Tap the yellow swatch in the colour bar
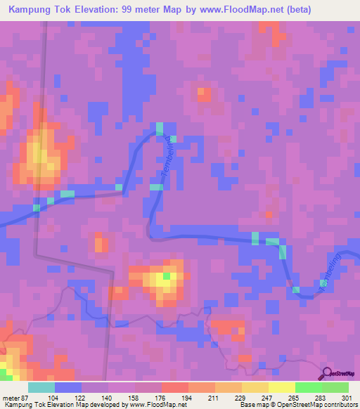click(281, 387)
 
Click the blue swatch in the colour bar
click(68, 387)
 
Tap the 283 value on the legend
click(322, 398)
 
